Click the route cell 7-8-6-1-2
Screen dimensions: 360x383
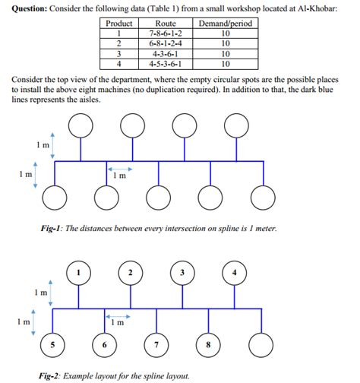[166, 34]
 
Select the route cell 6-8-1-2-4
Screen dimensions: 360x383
[166, 44]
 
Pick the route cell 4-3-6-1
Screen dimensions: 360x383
[166, 54]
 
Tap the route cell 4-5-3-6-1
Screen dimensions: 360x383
[166, 64]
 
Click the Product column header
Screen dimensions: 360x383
[118, 24]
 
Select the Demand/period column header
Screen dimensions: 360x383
[225, 24]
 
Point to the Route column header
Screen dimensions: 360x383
[166, 24]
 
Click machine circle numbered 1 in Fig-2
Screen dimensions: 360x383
[79, 272]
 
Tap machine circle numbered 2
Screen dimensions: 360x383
[131, 272]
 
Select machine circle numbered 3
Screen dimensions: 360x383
[182, 272]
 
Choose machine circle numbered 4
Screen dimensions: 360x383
[235, 272]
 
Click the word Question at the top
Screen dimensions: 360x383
[27, 8]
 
